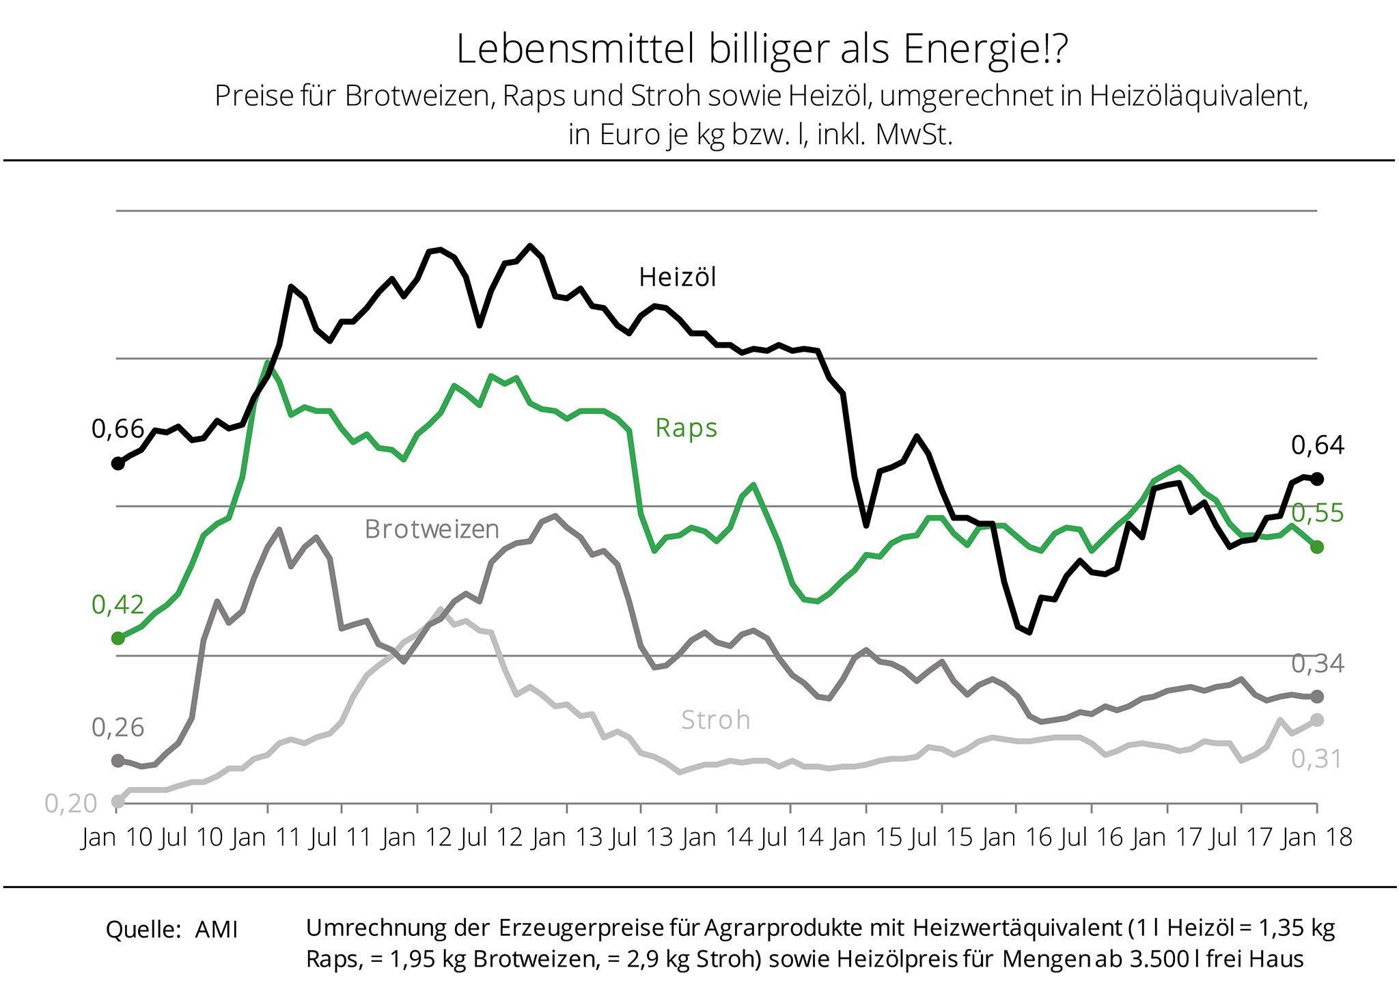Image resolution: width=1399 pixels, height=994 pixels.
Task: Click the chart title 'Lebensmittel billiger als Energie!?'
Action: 761,50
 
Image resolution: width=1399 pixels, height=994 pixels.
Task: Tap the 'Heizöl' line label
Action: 678,277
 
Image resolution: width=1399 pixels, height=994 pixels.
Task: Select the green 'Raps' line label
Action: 686,428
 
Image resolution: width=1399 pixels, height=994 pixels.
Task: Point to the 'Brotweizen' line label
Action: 432,529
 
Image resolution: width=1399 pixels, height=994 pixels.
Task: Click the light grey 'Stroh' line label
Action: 715,720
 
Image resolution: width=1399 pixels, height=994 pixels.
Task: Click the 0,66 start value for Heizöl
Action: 117,429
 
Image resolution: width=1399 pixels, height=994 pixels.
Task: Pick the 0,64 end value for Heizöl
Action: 1317,445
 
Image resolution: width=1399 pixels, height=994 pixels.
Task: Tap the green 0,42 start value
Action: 117,605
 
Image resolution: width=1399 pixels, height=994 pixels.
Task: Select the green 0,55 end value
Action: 1317,513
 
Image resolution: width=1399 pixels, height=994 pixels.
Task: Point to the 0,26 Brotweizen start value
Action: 117,728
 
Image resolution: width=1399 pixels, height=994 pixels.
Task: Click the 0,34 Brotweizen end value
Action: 1317,663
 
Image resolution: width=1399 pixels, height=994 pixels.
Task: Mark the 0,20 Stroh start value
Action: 71,803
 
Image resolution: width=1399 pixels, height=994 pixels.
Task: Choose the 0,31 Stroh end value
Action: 1316,759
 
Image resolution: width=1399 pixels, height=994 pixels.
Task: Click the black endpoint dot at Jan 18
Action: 1318,479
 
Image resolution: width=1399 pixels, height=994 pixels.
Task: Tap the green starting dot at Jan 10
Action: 117,638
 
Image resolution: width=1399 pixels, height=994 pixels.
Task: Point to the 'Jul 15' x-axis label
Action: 941,838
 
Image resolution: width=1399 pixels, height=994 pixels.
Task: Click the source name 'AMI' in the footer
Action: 216,930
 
